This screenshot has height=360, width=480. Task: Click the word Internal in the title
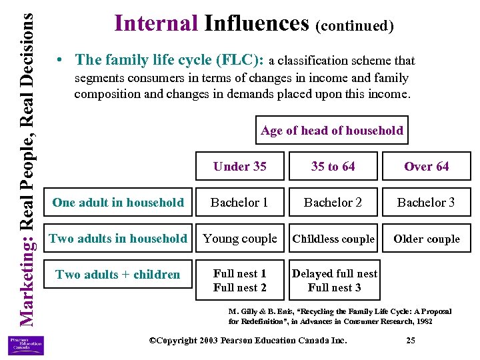[x=156, y=23]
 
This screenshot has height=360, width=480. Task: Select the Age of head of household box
[x=332, y=131]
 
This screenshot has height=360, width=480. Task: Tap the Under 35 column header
[x=240, y=167]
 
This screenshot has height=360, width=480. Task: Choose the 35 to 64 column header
[x=333, y=167]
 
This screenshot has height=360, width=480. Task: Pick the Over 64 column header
[x=427, y=167]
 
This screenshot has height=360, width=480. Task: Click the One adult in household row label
[x=118, y=203]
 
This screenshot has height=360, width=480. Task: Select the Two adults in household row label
[x=118, y=239]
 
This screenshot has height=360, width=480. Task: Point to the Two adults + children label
[x=118, y=275]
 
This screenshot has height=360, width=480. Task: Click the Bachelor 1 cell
[x=240, y=203]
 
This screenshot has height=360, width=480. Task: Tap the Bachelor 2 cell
[x=333, y=203]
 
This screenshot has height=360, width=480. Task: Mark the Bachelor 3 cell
[x=427, y=203]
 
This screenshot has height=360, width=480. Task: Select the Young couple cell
[x=240, y=239]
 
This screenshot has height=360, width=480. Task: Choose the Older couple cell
[x=427, y=239]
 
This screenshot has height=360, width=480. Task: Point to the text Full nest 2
[x=240, y=288]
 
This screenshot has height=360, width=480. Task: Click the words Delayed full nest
[x=335, y=274]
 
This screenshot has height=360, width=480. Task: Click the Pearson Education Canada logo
[x=25, y=345]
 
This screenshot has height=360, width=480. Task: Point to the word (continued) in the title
[x=354, y=26]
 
